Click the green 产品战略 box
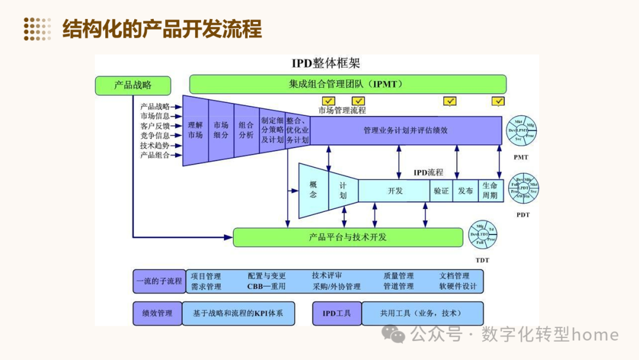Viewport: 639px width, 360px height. pyautogui.click(x=133, y=85)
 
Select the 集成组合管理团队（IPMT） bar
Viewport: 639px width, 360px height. pyautogui.click(x=347, y=84)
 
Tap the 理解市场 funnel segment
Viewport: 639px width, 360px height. pyautogui.click(x=195, y=130)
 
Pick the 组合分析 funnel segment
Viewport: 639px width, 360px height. pyautogui.click(x=246, y=130)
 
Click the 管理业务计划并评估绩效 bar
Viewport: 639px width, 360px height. pyautogui.click(x=405, y=130)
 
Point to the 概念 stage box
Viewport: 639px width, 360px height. pyautogui.click(x=313, y=190)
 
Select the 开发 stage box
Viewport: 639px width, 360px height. pyautogui.click(x=395, y=191)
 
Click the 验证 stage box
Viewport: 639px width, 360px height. pyautogui.click(x=441, y=191)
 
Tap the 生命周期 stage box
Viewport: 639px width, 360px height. pyautogui.click(x=490, y=191)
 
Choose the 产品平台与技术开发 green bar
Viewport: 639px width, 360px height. pyautogui.click(x=347, y=237)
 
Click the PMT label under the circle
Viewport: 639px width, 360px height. pyautogui.click(x=521, y=157)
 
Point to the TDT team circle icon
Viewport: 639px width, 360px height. pyautogui.click(x=483, y=236)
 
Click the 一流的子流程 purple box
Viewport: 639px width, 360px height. pyautogui.click(x=159, y=281)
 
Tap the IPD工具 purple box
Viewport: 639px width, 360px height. pyautogui.click(x=337, y=313)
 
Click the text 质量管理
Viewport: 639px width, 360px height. pyautogui.click(x=398, y=276)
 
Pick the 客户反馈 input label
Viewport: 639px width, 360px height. pyautogui.click(x=154, y=126)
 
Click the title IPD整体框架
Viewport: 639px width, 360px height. pyautogui.click(x=325, y=63)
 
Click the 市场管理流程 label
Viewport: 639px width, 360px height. pyautogui.click(x=342, y=110)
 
